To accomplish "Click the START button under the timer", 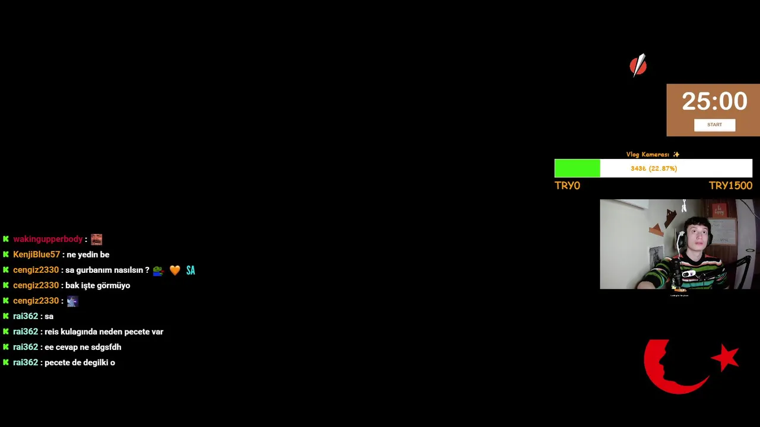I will click(714, 125).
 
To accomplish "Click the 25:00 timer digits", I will click(714, 101).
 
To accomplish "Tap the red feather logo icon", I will click(638, 65).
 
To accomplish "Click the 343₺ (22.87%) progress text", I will click(654, 168).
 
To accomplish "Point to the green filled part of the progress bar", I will click(577, 168).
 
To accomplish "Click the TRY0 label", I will click(567, 186).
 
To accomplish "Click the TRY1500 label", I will click(730, 186).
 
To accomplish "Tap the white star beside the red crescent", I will click(725, 357).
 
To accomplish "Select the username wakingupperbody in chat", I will click(47, 239).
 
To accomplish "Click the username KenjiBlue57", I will click(36, 254).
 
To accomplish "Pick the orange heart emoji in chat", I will click(175, 270).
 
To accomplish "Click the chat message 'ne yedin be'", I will click(88, 254).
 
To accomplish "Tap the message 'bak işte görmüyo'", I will click(97, 285).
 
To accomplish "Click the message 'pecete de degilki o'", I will click(80, 362).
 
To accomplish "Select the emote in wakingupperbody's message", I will click(96, 240).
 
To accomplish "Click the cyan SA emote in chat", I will click(191, 270).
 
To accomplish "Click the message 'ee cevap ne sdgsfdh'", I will click(83, 347).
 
